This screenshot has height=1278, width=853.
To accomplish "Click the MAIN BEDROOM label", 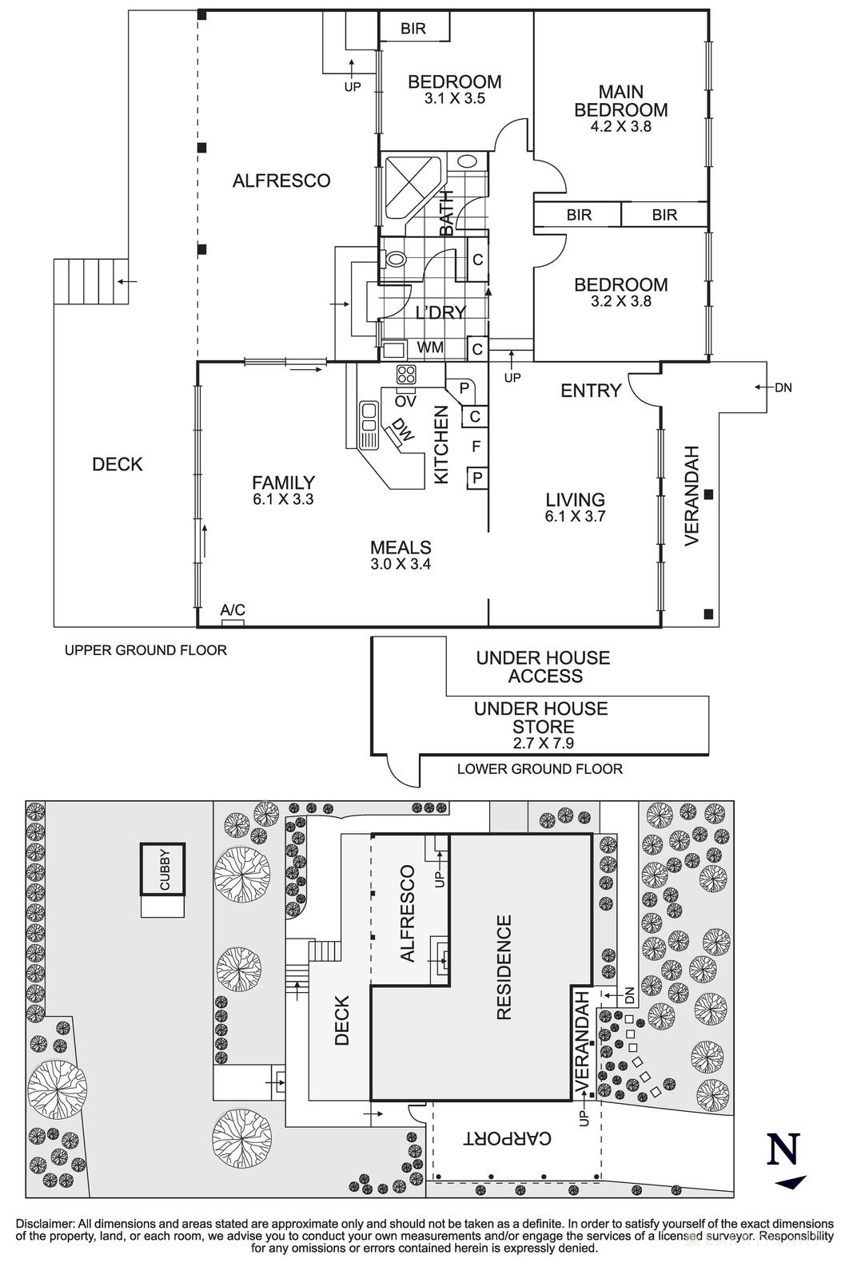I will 620,101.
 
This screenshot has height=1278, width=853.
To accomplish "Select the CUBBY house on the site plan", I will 163,870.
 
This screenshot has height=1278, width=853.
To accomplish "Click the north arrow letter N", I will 783,1150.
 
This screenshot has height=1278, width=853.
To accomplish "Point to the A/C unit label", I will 233,610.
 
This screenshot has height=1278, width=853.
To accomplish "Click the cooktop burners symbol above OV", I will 405,375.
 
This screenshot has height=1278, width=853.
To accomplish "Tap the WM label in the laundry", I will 430,348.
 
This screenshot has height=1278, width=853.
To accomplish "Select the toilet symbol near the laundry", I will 395,260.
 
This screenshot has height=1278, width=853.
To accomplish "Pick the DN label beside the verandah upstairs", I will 783,387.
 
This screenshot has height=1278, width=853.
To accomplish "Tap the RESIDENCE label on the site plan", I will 504,967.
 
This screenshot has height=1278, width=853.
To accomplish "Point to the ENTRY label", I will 591,391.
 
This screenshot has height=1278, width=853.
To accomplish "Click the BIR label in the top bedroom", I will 413,29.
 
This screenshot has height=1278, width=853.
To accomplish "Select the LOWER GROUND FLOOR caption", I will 540,769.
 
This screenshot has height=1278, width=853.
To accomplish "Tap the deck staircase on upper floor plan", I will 90,281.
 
